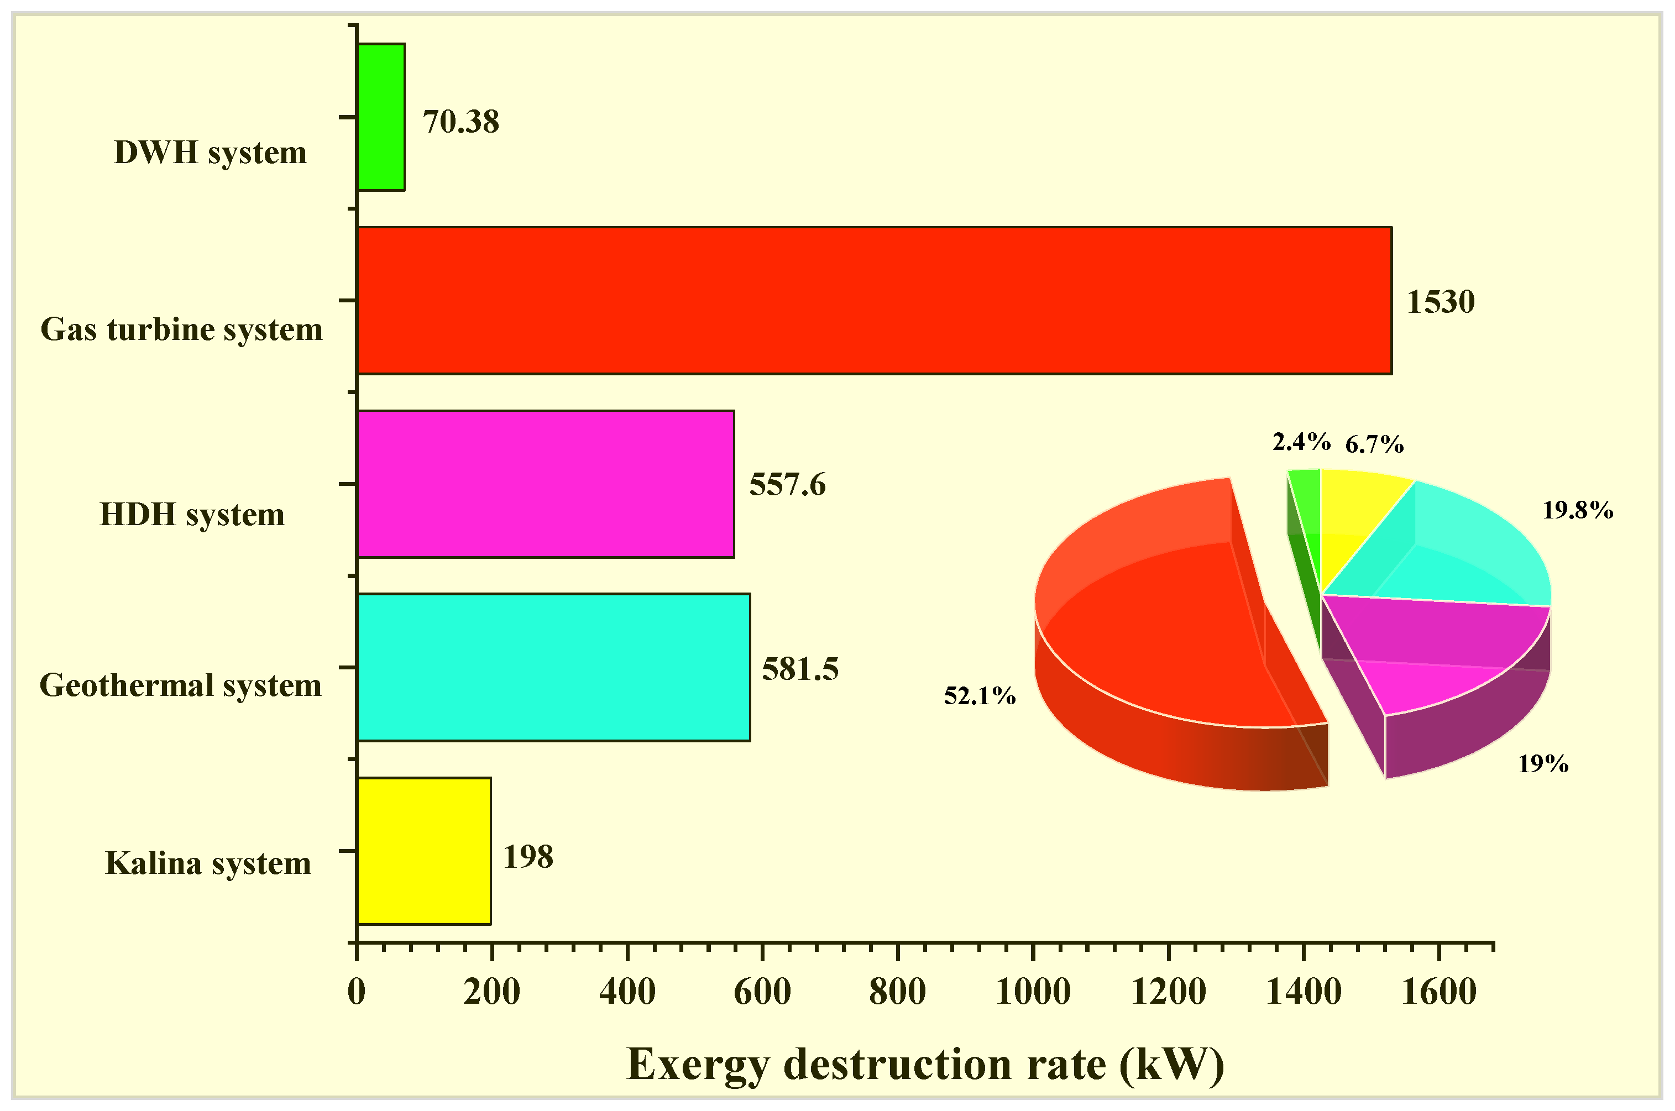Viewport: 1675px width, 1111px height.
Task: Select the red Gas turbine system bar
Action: (x=873, y=301)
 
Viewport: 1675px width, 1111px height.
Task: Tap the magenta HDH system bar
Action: (x=546, y=484)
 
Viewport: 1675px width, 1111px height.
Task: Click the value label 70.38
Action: (x=461, y=122)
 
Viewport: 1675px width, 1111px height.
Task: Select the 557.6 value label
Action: (x=787, y=485)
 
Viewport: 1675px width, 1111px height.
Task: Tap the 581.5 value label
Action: (x=800, y=669)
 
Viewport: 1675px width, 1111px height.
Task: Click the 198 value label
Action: (x=528, y=857)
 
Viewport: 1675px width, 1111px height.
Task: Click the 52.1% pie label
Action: (x=979, y=696)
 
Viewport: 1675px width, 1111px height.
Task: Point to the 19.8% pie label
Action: (x=1577, y=510)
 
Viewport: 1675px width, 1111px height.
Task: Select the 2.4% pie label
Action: (x=1301, y=442)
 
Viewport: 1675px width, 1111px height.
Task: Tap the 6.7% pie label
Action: (x=1374, y=444)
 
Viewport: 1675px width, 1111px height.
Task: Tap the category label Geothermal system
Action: (x=181, y=685)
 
